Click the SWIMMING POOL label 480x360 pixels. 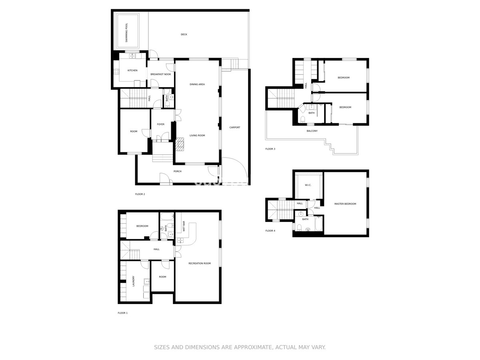coord(126,32)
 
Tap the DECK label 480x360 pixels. coord(184,34)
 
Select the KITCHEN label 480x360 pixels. coord(132,70)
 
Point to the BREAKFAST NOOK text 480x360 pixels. coord(161,74)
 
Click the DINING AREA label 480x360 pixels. coord(197,84)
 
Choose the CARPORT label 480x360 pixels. coord(235,128)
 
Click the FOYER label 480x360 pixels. coord(160,124)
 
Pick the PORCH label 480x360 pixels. coord(177,171)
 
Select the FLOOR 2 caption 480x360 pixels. coord(140,194)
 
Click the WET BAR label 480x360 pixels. coord(184,226)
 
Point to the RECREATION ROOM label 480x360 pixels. coord(200,263)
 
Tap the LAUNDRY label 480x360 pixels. coord(133,281)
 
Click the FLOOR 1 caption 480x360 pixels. coord(122,313)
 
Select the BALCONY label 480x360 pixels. coord(312,131)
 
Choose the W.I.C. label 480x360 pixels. coord(308,185)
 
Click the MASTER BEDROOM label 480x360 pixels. coord(345,204)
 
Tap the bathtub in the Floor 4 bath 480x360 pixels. coord(318,223)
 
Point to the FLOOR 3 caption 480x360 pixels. coord(270,149)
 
